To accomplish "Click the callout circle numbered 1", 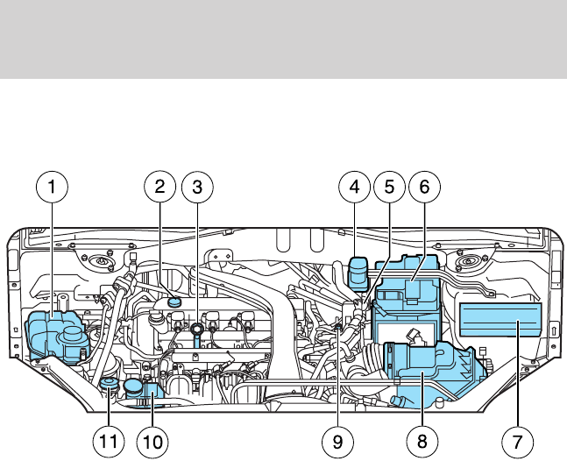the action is pos(52,187).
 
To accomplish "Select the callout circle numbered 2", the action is pos(159,187).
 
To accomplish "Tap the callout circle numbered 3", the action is pos(197,187).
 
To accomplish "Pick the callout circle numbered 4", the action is pos(354,187).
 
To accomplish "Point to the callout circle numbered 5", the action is pos(389,187).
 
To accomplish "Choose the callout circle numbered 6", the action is pos(424,187).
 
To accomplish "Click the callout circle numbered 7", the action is pos(517,442).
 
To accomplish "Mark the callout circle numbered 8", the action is pos(422,442).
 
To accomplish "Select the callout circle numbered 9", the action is pos(337,442).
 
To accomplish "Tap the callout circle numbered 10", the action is pos(152,442).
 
